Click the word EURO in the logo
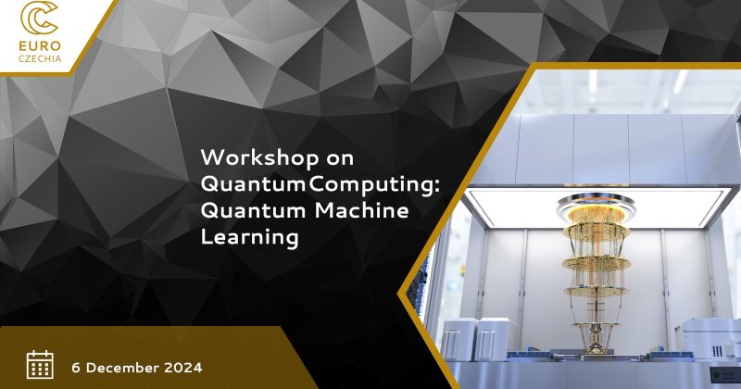coord(40,46)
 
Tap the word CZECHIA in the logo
coord(40,58)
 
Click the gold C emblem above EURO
coord(39,19)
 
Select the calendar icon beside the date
coord(40,364)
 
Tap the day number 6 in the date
coord(76,368)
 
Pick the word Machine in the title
coord(361,210)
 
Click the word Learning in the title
coord(249,237)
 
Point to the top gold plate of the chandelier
coord(597,229)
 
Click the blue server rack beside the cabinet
coord(422,288)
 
